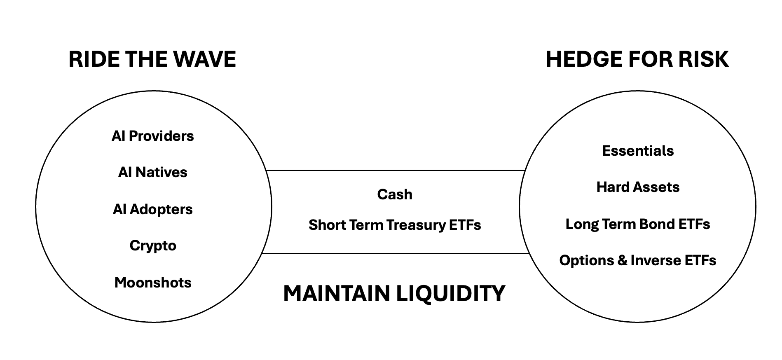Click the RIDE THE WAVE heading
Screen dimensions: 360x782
(152, 59)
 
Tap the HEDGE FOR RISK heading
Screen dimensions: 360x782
(637, 59)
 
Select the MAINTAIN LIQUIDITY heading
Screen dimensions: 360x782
(394, 294)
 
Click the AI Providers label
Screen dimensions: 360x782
(152, 136)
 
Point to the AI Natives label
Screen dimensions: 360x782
(152, 172)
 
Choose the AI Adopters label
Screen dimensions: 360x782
(152, 209)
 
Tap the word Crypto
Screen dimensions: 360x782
(153, 245)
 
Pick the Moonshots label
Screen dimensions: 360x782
(153, 283)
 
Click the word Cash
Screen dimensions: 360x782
(394, 194)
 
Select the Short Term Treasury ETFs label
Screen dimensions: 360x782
(394, 225)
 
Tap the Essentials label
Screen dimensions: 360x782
(638, 151)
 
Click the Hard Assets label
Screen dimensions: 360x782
(638, 187)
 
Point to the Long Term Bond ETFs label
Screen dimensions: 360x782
(637, 224)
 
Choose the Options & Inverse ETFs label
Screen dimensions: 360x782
(637, 260)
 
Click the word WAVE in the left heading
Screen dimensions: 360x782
(204, 59)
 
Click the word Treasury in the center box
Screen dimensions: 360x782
(416, 225)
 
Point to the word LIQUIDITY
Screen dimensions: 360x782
(451, 294)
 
